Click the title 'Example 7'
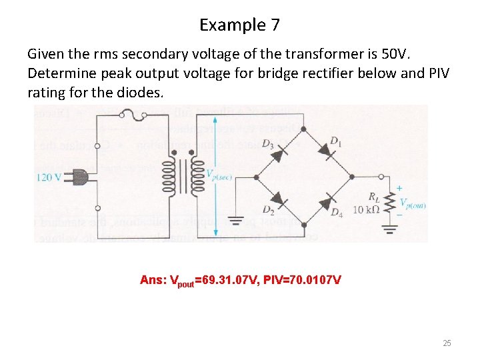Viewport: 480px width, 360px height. point(239,25)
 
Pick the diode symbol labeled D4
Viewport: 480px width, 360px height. point(327,201)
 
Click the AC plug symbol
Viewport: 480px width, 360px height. point(79,177)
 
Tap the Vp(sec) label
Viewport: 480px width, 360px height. point(219,175)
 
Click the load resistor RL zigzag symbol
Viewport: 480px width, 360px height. point(390,200)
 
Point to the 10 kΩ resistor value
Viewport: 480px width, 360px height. point(367,209)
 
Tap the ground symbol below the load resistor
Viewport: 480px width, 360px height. point(389,230)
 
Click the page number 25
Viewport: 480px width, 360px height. point(447,343)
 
